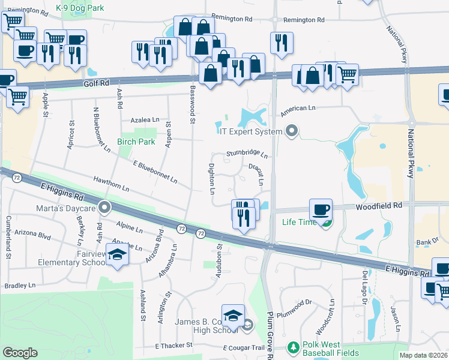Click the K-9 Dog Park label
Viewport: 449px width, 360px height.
click(x=80, y=8)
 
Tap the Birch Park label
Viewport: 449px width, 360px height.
click(x=136, y=142)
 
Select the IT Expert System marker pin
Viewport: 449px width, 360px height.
click(x=292, y=131)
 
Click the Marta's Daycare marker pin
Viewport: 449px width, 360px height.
click(x=105, y=208)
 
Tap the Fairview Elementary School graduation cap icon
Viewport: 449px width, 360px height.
click(x=118, y=254)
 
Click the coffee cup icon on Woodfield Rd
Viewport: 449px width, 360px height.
click(x=321, y=210)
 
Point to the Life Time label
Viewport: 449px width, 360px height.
click(x=300, y=222)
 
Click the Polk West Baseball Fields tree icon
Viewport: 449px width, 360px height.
click(x=293, y=347)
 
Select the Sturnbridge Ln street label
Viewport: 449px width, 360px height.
click(x=247, y=154)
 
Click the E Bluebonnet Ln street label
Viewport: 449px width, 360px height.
click(x=155, y=172)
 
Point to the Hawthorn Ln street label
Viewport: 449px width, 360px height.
click(x=111, y=184)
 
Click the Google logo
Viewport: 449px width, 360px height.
click(x=20, y=353)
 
